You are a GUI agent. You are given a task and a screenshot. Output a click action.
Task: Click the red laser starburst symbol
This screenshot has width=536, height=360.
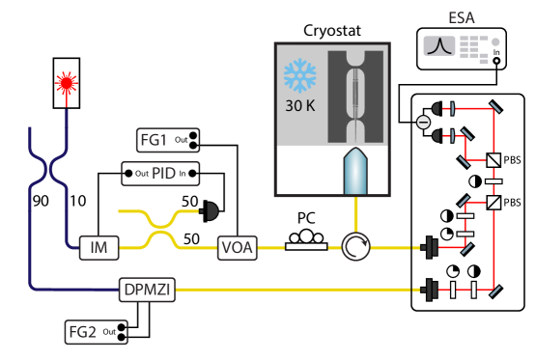pos(66,84)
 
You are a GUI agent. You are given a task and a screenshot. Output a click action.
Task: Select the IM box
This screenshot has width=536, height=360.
pos(98,248)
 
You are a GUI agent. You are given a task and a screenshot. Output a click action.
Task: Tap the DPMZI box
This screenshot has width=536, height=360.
pos(148,289)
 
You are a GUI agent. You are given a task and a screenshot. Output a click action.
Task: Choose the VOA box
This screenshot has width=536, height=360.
pos(238,248)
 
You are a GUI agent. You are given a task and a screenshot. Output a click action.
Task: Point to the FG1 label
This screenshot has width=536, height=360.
pos(155,141)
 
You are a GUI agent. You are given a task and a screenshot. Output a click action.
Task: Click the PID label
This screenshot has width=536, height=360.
pos(162,174)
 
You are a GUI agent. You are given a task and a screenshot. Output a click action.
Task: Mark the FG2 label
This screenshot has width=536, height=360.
pos(83,333)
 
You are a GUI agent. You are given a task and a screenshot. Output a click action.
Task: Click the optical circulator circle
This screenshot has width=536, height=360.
pos(355,248)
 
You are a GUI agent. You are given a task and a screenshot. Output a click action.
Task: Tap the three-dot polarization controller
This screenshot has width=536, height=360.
pos(306,236)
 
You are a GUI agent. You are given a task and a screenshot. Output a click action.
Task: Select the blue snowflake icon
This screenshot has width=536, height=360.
pos(298,76)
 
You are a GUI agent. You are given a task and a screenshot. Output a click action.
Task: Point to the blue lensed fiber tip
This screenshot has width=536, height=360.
pos(355,171)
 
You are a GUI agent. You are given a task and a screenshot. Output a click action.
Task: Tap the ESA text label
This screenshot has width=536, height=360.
pos(462,18)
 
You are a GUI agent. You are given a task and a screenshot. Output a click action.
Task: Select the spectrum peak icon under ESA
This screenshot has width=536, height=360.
pos(438,45)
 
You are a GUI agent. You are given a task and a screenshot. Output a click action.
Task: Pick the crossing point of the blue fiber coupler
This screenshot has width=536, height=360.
pos(47,172)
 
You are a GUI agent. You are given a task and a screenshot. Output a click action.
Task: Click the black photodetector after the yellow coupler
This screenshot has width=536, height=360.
pos(211,209)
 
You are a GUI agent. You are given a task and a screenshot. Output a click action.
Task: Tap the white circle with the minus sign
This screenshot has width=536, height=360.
pos(423,123)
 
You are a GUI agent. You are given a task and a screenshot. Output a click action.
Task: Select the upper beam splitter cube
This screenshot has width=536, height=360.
pos(494,160)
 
